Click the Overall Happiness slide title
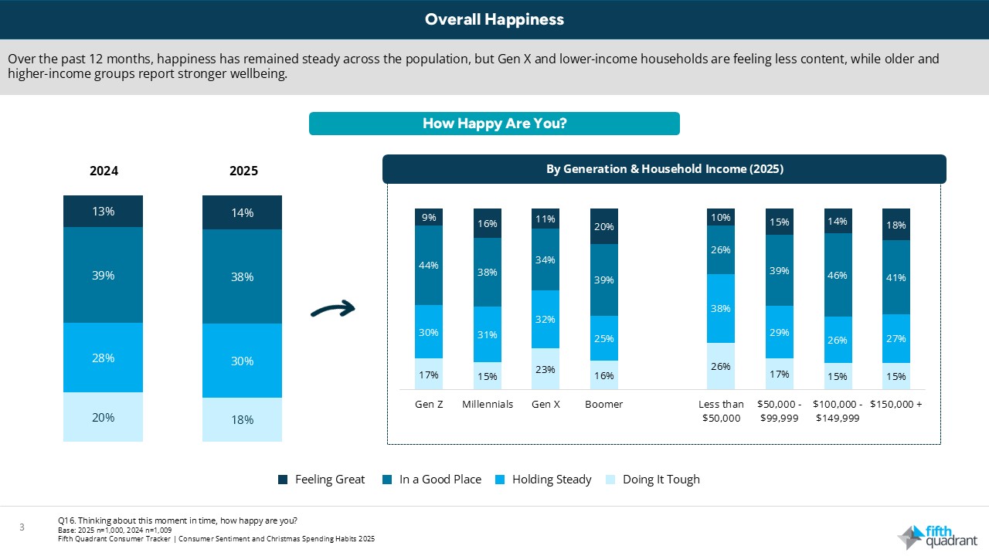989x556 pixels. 494,19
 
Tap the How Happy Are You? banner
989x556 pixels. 494,124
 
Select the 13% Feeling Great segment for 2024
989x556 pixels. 103,212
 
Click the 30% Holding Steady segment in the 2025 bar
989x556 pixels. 242,361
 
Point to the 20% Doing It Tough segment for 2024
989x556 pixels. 103,417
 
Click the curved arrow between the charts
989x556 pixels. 332,310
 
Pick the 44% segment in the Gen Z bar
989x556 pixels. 429,265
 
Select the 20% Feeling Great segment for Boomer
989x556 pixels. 603,226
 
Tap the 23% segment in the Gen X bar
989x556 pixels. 545,369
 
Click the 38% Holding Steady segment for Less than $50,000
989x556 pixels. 721,308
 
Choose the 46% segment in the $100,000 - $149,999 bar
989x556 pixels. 838,275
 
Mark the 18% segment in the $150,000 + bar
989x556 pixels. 896,225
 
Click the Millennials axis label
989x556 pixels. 488,405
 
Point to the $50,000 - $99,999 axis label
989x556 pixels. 779,411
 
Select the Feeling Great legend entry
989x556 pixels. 321,480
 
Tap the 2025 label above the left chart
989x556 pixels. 243,171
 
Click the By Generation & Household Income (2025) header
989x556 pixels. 664,169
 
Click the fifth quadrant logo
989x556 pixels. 936,536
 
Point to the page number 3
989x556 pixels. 22,527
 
